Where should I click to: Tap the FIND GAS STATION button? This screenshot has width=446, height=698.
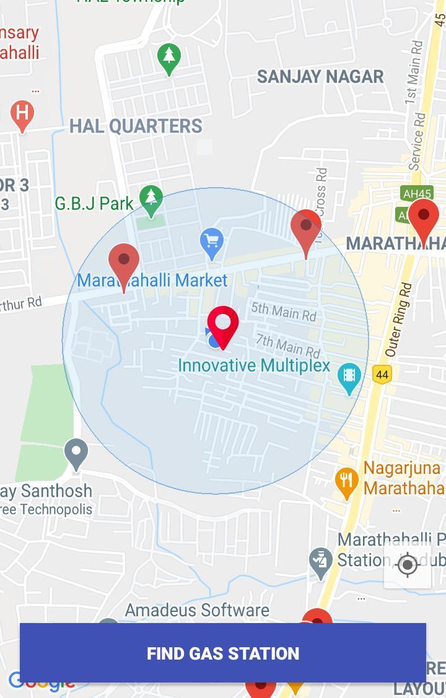[223, 653]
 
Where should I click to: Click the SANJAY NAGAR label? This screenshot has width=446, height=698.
[320, 77]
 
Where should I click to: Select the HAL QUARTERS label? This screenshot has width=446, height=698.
[136, 126]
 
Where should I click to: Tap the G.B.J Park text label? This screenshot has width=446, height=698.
[94, 203]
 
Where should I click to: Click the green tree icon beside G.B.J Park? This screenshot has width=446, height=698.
[151, 198]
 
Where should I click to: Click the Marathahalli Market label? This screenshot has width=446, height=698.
[152, 281]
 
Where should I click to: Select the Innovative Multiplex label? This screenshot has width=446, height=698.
[254, 365]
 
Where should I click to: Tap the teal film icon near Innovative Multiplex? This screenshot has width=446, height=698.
[349, 375]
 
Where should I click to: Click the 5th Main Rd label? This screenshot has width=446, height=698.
[284, 312]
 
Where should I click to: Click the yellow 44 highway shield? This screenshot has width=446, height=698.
[382, 374]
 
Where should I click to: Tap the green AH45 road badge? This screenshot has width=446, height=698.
[416, 194]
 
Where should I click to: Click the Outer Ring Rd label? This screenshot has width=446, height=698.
[399, 320]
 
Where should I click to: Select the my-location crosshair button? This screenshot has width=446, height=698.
[408, 565]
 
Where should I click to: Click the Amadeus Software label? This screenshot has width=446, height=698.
[197, 610]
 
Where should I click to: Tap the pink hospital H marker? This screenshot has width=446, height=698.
[22, 113]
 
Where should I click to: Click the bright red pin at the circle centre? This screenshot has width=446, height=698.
[223, 323]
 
